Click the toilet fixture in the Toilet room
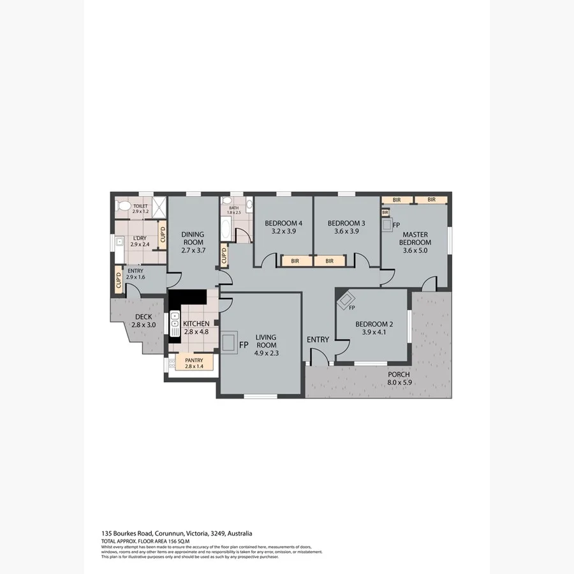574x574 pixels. (124, 207)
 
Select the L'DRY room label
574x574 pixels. (139, 237)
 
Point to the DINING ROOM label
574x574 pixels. (192, 238)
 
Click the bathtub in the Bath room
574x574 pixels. (226, 226)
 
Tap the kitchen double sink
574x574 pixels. (175, 323)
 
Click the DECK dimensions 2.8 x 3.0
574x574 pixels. (143, 325)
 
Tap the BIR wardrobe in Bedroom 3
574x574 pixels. (329, 261)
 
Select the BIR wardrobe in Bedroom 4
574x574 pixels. (295, 261)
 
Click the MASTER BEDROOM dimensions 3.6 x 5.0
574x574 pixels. (415, 251)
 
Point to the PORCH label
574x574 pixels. (399, 374)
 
